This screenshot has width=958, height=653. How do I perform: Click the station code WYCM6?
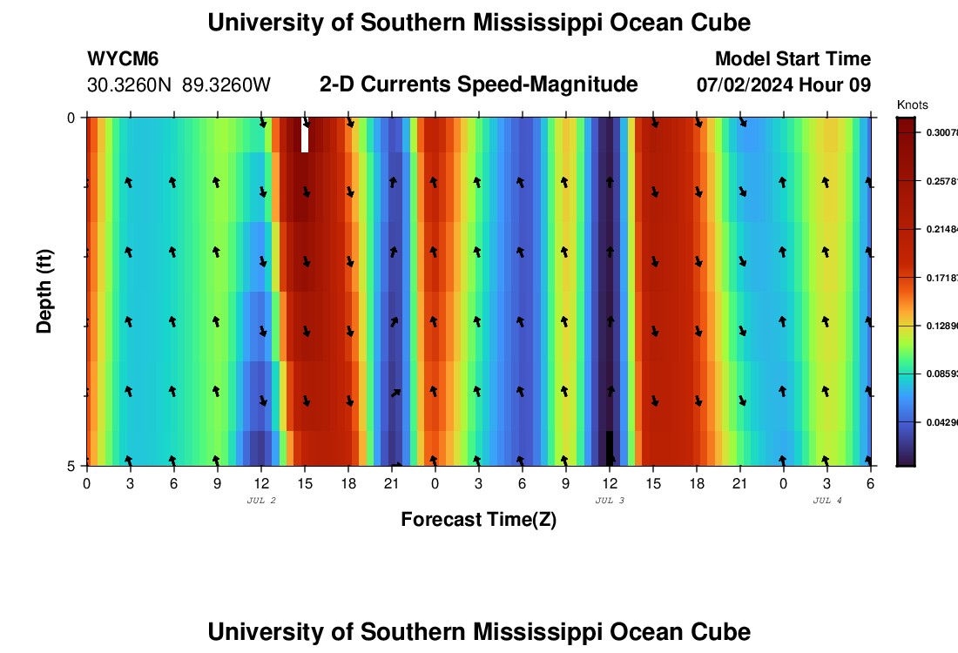tap(123, 59)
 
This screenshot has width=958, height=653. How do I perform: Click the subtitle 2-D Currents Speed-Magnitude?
tap(479, 84)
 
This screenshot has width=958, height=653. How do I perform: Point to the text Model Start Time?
tap(793, 59)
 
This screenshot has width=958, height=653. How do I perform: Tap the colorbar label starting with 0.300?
tap(940, 132)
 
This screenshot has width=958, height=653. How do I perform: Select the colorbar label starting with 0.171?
tap(940, 277)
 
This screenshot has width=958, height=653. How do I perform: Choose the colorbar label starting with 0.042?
tap(940, 422)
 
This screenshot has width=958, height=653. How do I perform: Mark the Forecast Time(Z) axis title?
tap(478, 520)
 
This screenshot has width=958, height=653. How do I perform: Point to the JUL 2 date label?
tap(261, 501)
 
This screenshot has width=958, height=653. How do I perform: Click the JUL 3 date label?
tap(610, 501)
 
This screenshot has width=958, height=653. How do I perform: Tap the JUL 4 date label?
tap(827, 501)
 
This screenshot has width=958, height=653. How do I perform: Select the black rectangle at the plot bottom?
tap(610, 448)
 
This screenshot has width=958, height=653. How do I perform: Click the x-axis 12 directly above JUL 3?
tap(610, 483)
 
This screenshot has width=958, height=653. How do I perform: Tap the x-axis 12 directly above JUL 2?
tap(261, 483)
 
